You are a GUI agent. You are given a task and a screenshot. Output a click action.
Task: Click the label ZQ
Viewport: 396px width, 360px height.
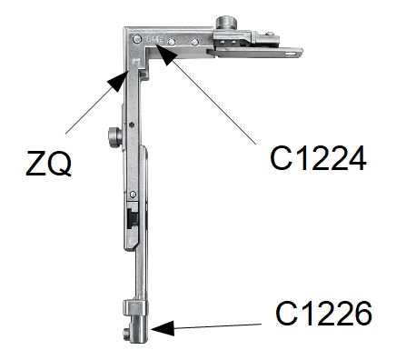[x=49, y=164]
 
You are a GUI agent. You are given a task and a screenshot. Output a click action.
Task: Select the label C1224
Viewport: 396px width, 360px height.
[x=318, y=158]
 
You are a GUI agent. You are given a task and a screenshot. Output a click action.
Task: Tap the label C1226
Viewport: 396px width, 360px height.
[x=323, y=314]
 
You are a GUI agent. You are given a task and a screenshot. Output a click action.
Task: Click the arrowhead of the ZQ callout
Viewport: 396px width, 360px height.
[x=118, y=80]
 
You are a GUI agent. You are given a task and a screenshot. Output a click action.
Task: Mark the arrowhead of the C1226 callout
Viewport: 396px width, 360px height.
[x=163, y=328]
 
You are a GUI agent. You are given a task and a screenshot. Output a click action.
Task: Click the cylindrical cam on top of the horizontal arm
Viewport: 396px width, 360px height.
[x=225, y=24]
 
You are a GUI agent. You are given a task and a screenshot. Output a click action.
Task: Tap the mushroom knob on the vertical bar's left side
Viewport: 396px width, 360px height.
[x=114, y=137]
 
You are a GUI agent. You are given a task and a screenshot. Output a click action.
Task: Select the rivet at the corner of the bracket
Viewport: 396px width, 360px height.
[x=136, y=39]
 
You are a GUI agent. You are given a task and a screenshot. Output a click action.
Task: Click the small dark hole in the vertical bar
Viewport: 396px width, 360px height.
[x=131, y=125]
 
